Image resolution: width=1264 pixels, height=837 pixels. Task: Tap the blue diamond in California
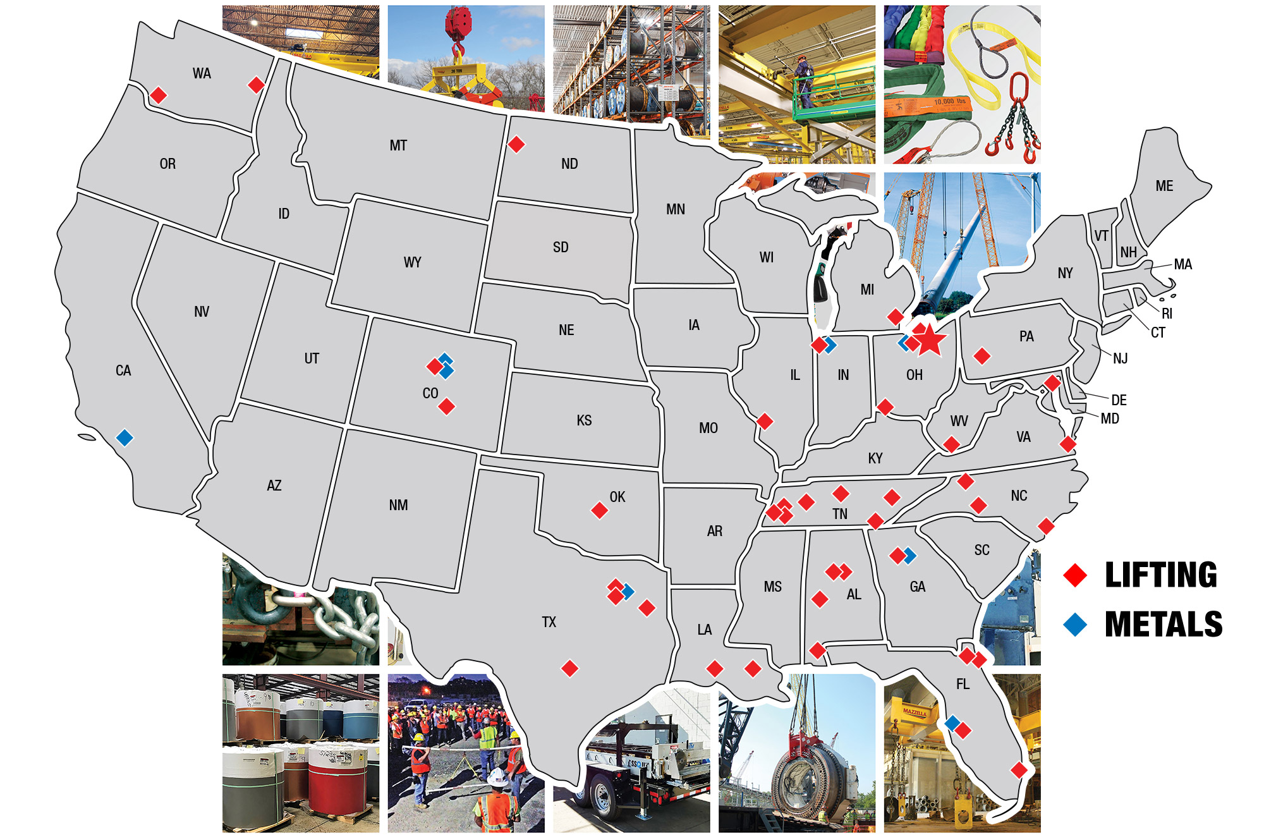[125, 437]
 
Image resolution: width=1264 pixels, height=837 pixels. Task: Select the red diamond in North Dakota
[516, 144]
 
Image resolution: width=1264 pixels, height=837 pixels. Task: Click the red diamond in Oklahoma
[599, 510]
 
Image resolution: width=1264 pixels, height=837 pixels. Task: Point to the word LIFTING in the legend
[1160, 575]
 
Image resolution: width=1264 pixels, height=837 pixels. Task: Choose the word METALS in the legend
[1163, 624]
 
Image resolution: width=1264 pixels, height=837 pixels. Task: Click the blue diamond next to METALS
[1075, 625]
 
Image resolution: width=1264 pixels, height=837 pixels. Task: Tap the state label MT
[398, 145]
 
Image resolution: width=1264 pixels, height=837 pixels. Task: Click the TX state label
[549, 622]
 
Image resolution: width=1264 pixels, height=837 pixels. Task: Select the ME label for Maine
[1164, 186]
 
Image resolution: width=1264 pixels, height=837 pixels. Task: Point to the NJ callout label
[1120, 358]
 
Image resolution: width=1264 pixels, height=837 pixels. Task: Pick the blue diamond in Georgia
[909, 556]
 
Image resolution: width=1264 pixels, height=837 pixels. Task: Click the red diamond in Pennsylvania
[981, 356]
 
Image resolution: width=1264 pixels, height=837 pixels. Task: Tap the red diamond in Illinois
[765, 421]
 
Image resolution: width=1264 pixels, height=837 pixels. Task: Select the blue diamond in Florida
[952, 723]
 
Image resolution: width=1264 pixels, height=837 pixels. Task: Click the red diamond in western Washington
[159, 95]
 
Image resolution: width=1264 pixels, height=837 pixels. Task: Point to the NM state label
[398, 505]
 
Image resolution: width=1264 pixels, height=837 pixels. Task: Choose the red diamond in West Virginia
[951, 444]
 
